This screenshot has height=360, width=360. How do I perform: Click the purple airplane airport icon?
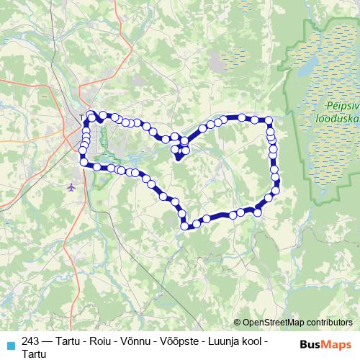point(71,187)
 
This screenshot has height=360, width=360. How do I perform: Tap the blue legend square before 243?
point(10,343)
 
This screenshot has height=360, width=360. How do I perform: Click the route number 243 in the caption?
point(31,341)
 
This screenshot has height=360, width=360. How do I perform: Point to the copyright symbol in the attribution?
point(238,323)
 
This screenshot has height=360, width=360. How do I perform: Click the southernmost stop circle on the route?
point(185,226)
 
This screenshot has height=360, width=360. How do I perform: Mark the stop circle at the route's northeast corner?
point(269,121)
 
